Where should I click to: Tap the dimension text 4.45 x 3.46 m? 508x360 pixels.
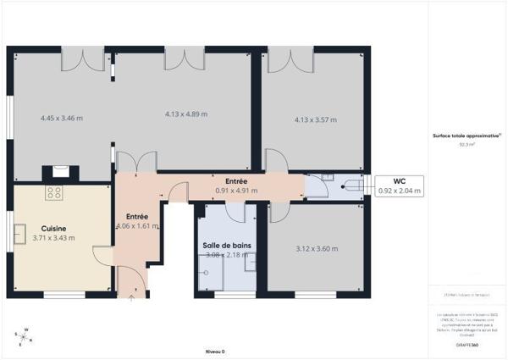(62, 118)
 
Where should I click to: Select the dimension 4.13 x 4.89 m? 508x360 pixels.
(185, 114)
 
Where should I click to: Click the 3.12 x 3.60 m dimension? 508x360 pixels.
(317, 249)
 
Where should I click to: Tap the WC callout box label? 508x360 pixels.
(398, 180)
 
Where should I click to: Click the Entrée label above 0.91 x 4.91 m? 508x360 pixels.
(236, 182)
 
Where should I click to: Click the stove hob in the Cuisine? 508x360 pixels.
(54, 192)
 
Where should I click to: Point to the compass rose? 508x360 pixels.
(25, 335)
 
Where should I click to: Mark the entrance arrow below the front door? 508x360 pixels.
(132, 297)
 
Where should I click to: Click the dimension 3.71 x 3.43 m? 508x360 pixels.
(53, 238)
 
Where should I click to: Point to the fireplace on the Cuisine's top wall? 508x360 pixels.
(60, 172)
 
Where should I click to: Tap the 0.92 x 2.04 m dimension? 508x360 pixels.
(398, 191)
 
